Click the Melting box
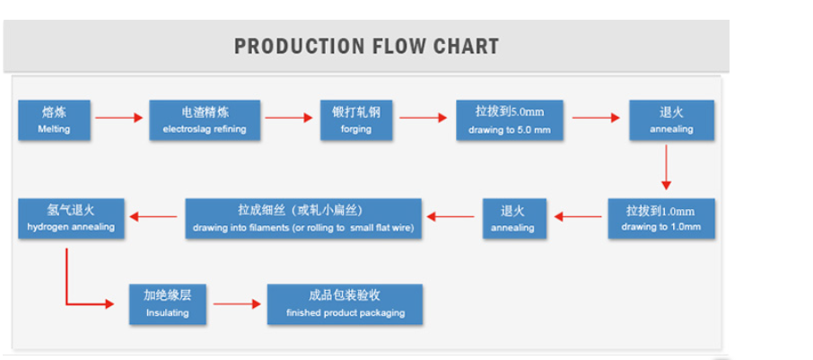(55, 120)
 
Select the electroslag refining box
(205, 120)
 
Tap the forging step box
(356, 120)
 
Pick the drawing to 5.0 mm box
(510, 120)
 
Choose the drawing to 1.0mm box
(661, 218)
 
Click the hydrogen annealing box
(71, 218)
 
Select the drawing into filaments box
(303, 218)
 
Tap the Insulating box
(168, 304)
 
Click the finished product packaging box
(345, 304)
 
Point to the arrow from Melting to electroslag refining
(118, 118)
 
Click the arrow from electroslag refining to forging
(289, 118)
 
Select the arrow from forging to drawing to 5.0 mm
(423, 118)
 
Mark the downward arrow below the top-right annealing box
(666, 167)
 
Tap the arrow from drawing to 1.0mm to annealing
(578, 216)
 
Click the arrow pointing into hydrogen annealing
(153, 216)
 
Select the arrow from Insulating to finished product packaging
(237, 304)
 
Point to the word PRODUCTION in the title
(299, 46)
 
